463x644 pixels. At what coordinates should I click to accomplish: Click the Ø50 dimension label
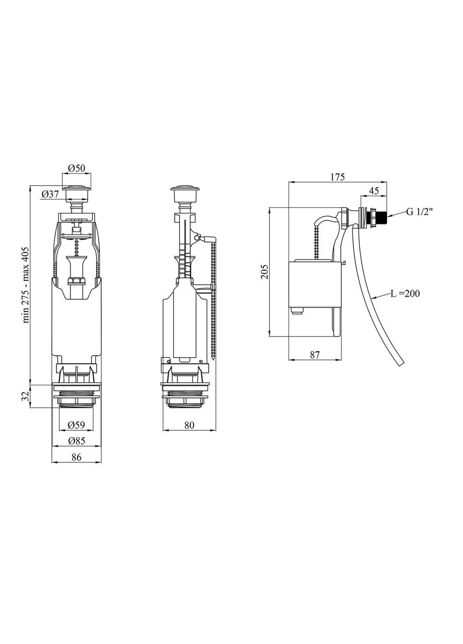(x=76, y=168)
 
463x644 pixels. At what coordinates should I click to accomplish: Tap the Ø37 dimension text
(x=50, y=194)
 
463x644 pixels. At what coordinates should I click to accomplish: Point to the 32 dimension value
(x=26, y=397)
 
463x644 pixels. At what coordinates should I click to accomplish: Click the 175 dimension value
(x=337, y=177)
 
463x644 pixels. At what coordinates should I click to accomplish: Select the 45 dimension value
(x=373, y=191)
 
